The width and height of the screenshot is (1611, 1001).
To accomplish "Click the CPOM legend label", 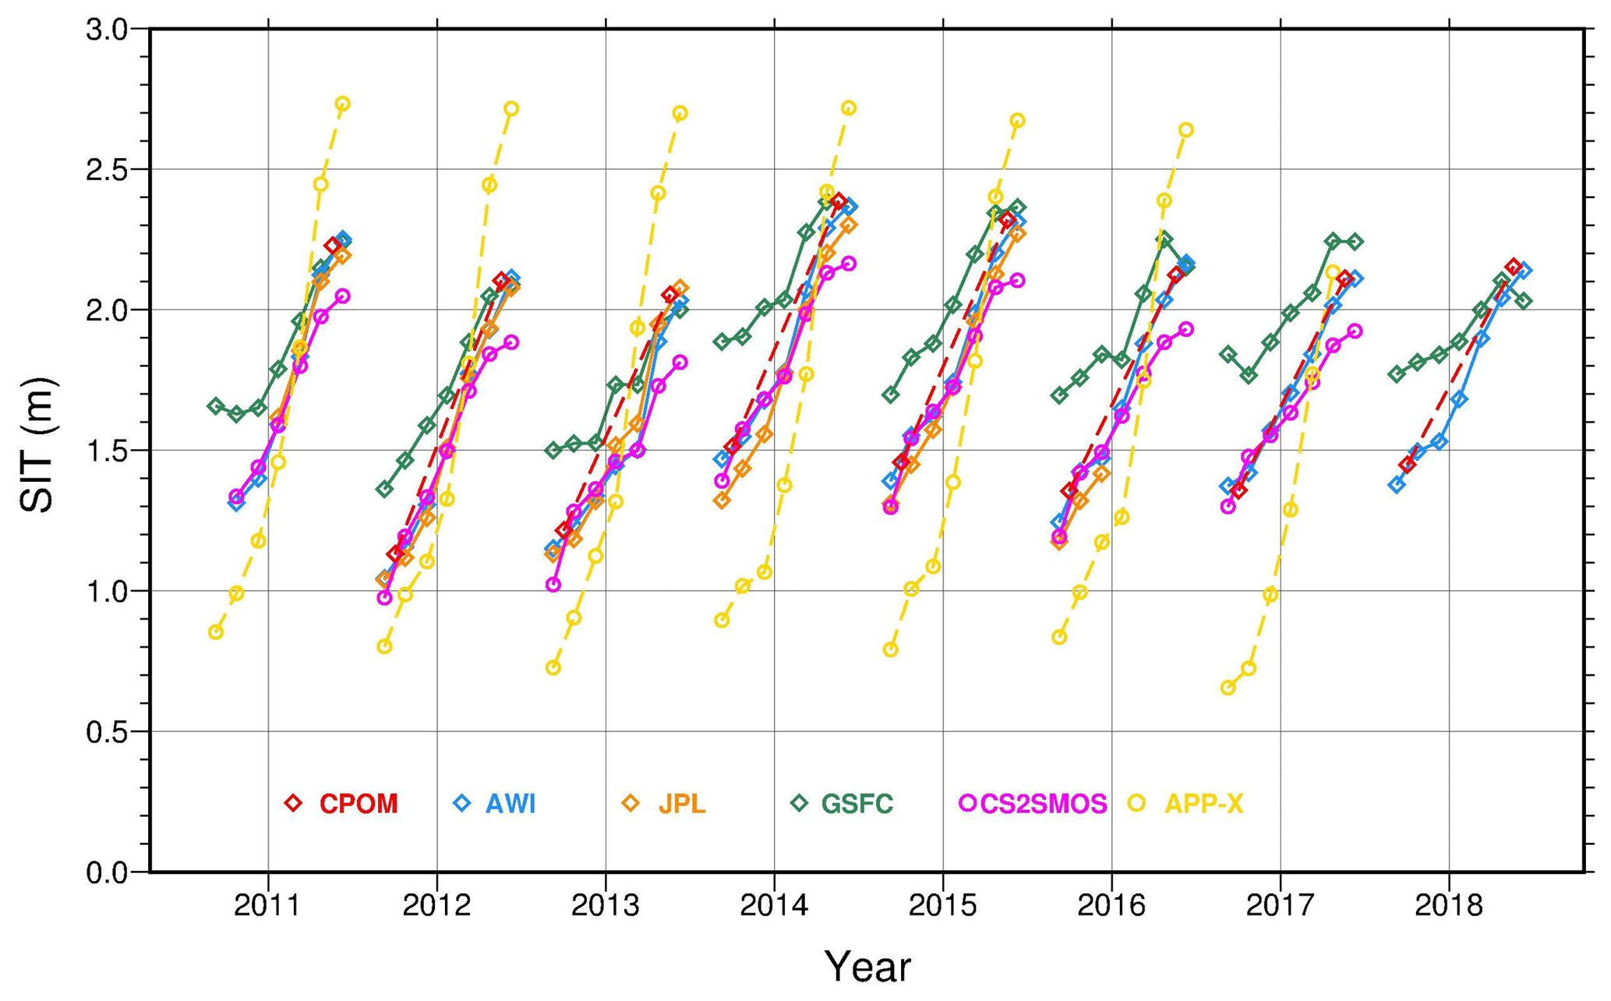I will click(x=359, y=804).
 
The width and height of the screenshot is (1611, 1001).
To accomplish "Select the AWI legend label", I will click(x=511, y=804).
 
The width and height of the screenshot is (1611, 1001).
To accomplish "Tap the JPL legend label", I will click(x=682, y=804).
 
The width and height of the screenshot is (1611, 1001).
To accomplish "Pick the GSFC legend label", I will click(x=857, y=804).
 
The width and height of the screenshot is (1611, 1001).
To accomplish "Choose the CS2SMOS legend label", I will click(x=1043, y=804).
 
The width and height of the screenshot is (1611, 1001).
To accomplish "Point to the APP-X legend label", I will click(x=1203, y=804).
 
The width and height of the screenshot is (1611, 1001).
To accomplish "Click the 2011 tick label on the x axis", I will click(x=267, y=906).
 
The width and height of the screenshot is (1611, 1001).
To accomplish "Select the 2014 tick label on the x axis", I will click(x=773, y=906).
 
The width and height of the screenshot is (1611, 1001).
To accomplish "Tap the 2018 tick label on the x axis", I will click(x=1448, y=906).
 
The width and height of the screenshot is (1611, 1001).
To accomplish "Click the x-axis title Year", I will click(x=867, y=967).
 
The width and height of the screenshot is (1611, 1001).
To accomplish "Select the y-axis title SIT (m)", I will click(x=37, y=445).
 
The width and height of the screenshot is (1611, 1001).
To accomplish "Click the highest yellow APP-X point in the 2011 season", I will click(x=342, y=104).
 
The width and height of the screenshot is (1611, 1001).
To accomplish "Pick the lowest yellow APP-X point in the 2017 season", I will click(x=1228, y=688).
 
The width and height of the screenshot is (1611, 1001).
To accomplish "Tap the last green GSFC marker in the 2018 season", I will click(x=1524, y=301).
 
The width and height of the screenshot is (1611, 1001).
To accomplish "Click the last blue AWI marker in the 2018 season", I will click(x=1525, y=271).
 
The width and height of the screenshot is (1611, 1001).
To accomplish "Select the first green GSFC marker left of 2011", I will click(x=216, y=405).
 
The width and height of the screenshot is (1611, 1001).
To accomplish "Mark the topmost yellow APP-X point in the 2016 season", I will click(x=1185, y=129).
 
